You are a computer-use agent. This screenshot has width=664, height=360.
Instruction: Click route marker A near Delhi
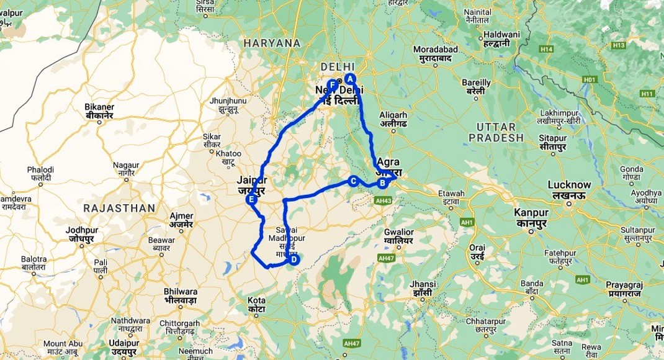click(351, 79)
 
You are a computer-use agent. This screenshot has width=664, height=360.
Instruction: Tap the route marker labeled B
click(382, 183)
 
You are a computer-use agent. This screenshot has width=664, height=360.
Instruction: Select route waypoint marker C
click(353, 181)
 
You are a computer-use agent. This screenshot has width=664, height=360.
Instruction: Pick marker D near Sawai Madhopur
click(294, 260)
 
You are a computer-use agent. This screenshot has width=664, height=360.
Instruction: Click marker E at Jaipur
click(251, 200)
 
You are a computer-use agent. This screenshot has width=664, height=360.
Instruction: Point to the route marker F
click(332, 84)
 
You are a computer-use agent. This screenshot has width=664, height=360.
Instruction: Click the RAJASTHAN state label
click(118, 208)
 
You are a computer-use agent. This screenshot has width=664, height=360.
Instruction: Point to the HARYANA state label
click(272, 43)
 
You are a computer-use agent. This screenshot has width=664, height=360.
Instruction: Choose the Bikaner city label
click(99, 107)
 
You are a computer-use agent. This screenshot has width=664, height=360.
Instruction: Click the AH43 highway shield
click(383, 200)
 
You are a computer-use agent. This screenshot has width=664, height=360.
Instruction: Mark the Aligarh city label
click(393, 115)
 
